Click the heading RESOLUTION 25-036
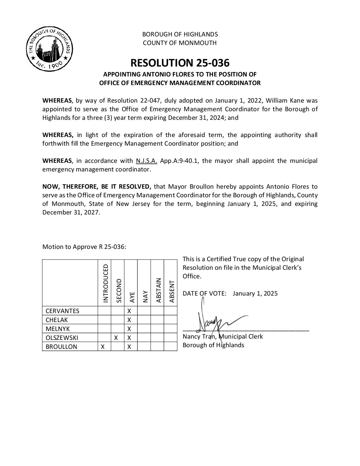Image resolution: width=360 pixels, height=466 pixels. click(180, 63)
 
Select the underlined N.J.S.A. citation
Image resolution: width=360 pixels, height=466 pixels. click(146, 161)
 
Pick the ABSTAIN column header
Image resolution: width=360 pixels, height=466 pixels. click(158, 290)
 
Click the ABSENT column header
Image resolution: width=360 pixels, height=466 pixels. click(171, 291)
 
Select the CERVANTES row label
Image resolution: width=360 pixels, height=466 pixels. click(62, 311)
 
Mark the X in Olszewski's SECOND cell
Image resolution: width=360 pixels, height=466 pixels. click(116, 338)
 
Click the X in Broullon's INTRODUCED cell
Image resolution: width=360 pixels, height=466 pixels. click(103, 347)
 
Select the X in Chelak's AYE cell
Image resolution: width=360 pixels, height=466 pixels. click(129, 320)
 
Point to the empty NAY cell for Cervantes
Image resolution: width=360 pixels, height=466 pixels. click(144, 311)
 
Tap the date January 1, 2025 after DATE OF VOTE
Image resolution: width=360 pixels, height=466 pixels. click(255, 294)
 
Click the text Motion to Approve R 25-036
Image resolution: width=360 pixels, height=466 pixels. click(84, 247)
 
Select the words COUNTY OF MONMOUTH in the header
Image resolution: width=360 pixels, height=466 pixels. click(180, 43)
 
